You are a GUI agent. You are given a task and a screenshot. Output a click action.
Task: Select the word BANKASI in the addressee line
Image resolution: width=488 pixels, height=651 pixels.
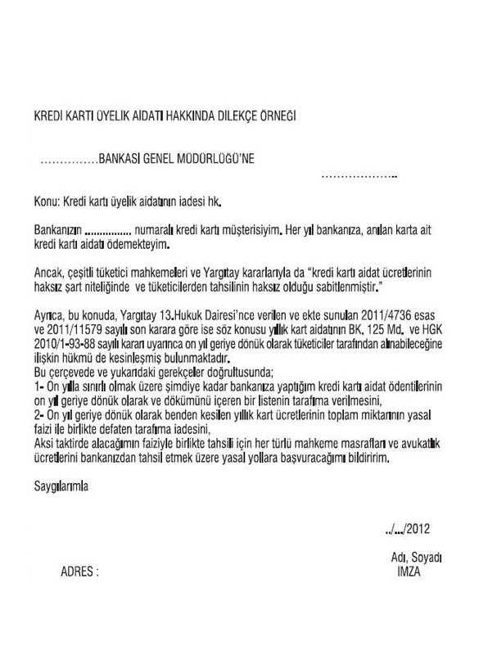120,161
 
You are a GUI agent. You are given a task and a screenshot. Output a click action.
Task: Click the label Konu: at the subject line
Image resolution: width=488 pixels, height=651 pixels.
47,200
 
